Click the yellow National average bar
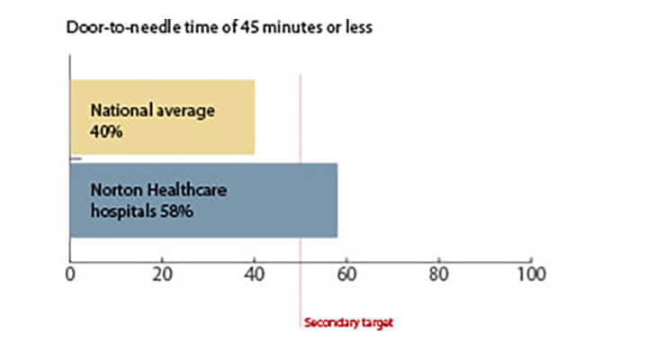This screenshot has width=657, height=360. (x=163, y=117)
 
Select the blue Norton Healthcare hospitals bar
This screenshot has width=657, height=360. (x=204, y=201)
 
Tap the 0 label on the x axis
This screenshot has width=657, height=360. (x=70, y=274)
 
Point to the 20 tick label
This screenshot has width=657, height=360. (x=162, y=274)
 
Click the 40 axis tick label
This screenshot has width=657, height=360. (x=255, y=274)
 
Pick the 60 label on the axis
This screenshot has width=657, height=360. (x=346, y=274)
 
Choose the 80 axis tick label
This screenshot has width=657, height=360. (x=438, y=274)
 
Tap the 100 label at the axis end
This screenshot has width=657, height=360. (x=531, y=274)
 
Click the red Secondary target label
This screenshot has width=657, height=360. (x=348, y=323)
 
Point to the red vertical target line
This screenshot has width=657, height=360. (x=301, y=202)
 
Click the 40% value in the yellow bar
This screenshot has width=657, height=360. (x=106, y=131)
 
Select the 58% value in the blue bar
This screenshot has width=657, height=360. (x=176, y=211)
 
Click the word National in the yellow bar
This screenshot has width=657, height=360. (x=121, y=111)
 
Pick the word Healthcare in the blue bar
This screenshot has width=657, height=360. (x=187, y=190)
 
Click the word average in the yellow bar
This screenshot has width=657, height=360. (x=185, y=112)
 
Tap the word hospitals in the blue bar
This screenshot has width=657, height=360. (x=123, y=211)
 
